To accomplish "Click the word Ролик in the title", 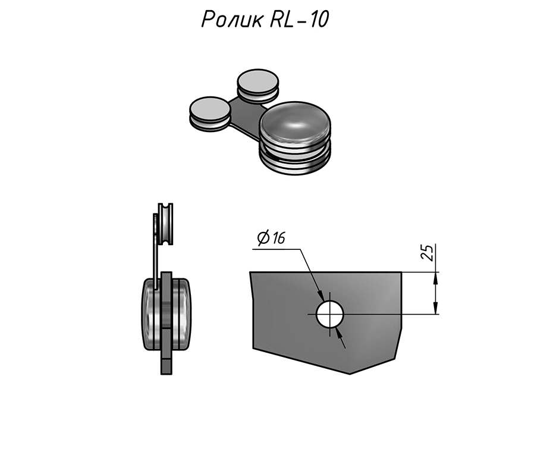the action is [232, 19].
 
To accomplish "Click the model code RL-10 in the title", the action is [299, 19].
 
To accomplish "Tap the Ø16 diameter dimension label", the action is [271, 238].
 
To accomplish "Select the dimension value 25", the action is [428, 252].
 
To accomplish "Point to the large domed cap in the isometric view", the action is [295, 124].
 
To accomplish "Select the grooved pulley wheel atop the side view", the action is [165, 224].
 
